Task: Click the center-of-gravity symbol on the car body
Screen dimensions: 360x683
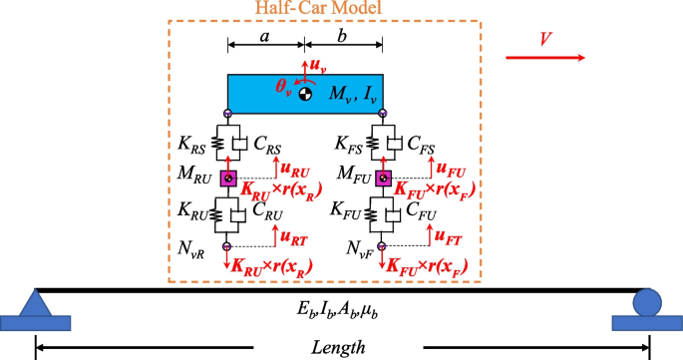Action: tap(305, 93)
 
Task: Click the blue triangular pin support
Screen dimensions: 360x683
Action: tap(36, 300)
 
